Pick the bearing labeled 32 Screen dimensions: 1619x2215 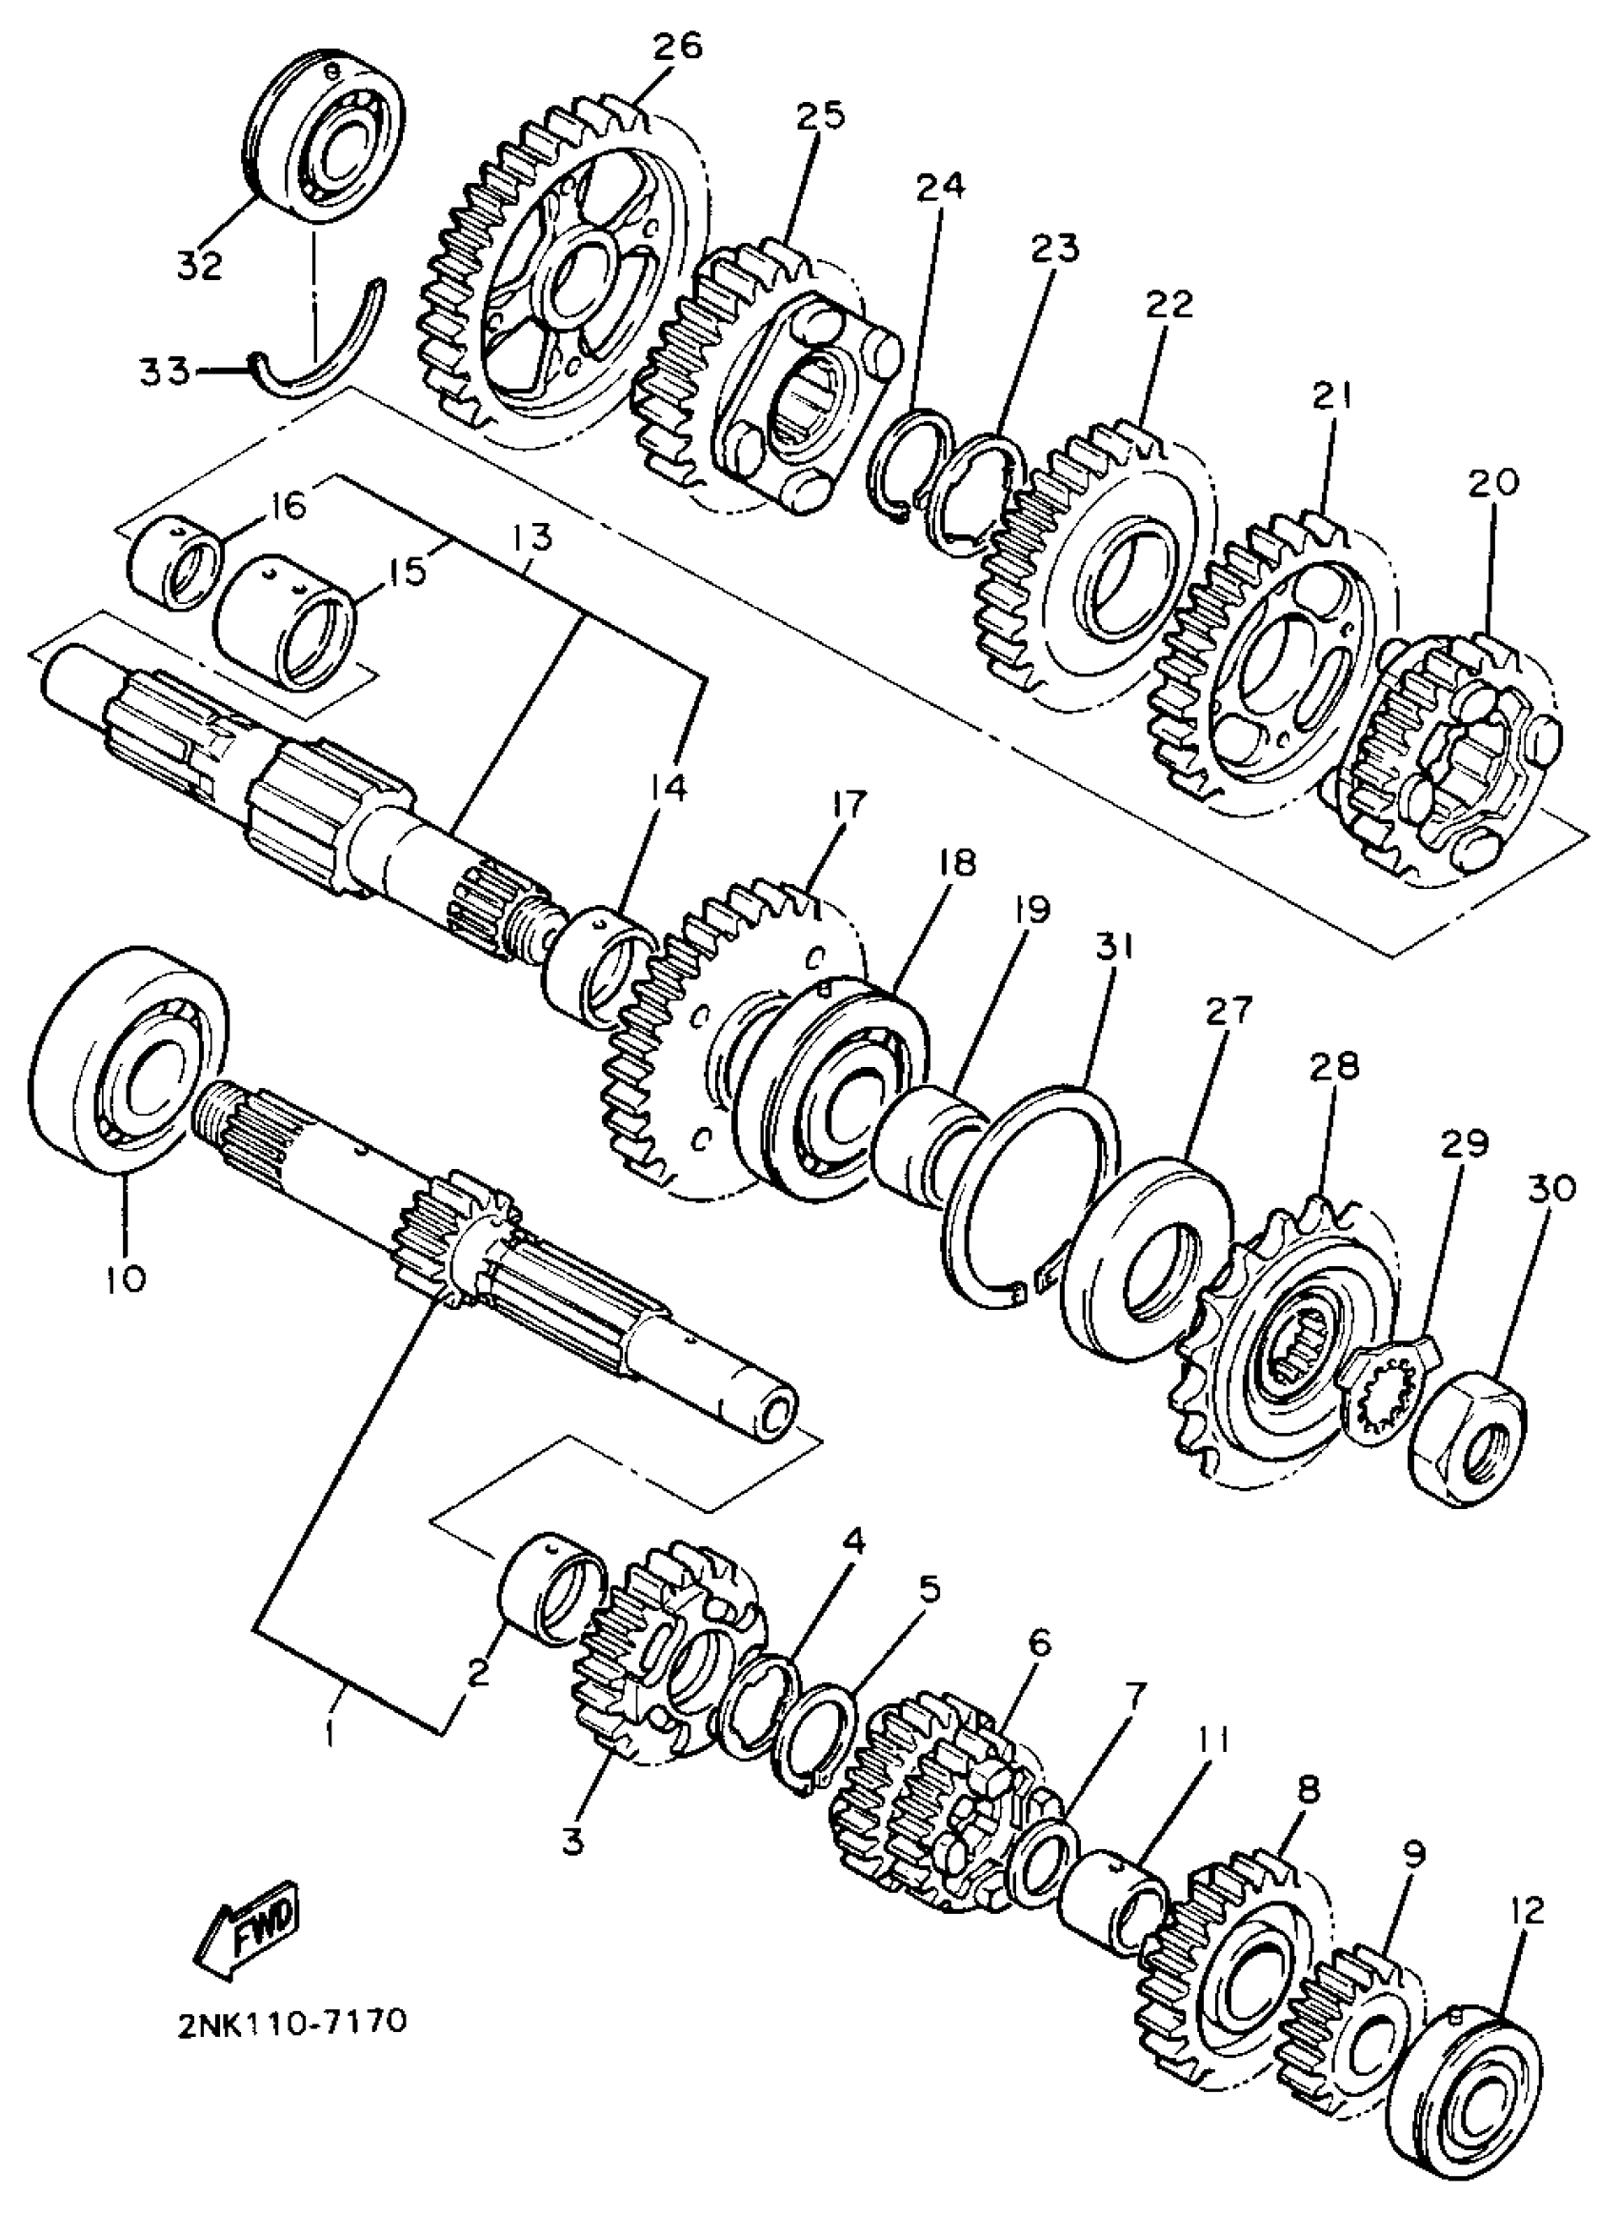[x=324, y=142]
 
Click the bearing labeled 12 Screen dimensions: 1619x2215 [x=1465, y=2107]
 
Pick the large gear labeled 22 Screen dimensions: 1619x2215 [x=1088, y=578]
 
